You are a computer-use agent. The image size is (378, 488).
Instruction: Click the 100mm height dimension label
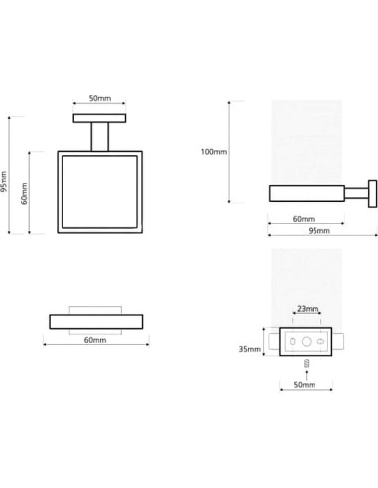pyautogui.click(x=214, y=152)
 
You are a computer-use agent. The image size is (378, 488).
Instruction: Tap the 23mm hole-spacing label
pyautogui.click(x=308, y=309)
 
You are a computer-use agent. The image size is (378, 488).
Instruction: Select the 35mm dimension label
pyautogui.click(x=250, y=349)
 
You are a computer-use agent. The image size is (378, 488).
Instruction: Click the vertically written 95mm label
pyautogui.click(x=4, y=182)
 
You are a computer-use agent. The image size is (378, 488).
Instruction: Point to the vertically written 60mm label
pyautogui.click(x=24, y=193)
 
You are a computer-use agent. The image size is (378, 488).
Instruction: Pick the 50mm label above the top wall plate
pyautogui.click(x=100, y=98)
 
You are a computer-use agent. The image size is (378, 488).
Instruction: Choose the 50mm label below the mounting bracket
pyautogui.click(x=305, y=385)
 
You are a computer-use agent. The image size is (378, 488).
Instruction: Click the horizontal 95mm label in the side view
pyautogui.click(x=319, y=231)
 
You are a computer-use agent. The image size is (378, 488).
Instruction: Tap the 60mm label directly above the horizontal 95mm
pyautogui.click(x=304, y=219)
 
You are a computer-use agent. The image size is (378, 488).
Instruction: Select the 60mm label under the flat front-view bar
pyautogui.click(x=95, y=340)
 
